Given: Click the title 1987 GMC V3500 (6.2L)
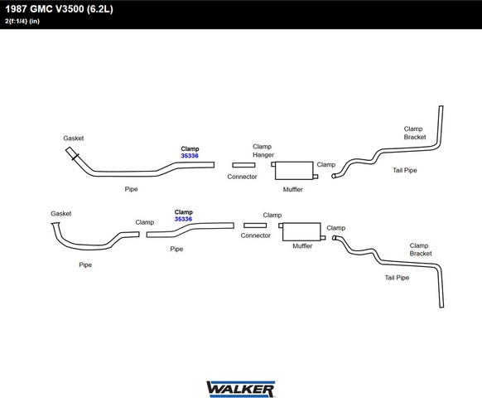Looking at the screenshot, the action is (59, 8).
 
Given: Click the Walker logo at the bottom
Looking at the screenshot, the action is (241, 389).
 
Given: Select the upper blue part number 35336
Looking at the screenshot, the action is (190, 156).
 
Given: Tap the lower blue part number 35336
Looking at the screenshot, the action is (183, 219).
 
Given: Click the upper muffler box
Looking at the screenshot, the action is (294, 171).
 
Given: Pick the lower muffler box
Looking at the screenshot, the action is (301, 232).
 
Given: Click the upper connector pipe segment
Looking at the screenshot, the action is (243, 165).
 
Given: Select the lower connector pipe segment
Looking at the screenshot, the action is (255, 226).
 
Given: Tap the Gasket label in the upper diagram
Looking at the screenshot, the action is (74, 138).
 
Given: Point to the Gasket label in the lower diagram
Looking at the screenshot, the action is (60, 214).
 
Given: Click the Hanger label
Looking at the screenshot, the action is (263, 155).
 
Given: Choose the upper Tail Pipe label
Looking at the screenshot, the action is (405, 170).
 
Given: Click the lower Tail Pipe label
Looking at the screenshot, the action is (397, 278).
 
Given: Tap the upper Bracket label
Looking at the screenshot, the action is (415, 137).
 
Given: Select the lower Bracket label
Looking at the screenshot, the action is (421, 254).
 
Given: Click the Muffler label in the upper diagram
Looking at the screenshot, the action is (293, 189).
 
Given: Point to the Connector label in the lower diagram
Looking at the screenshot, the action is (255, 235).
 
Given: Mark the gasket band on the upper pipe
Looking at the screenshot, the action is (75, 157).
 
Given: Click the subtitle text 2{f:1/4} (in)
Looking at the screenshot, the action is (22, 22).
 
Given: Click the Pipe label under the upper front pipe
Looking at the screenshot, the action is (131, 189).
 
